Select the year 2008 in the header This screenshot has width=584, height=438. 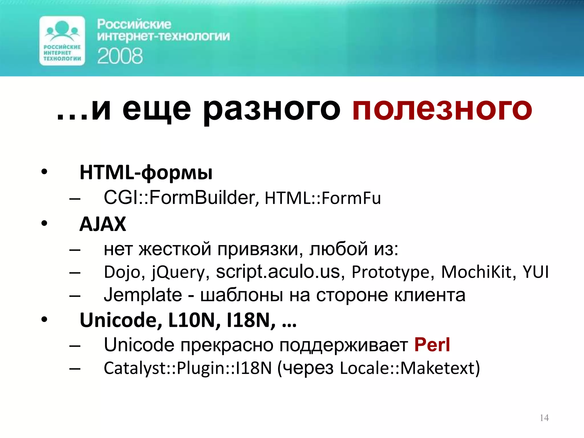(120, 56)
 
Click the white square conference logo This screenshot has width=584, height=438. (62, 41)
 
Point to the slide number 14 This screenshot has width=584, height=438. (544, 418)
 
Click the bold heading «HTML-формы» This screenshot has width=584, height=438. (146, 173)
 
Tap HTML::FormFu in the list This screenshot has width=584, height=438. (323, 198)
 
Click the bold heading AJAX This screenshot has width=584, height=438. (103, 224)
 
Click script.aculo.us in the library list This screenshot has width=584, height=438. (278, 272)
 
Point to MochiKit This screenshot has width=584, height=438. (478, 272)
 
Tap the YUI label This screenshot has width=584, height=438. (535, 272)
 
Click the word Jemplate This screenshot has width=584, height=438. (143, 295)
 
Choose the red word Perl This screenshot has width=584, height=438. (432, 345)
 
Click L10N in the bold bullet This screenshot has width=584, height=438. (194, 320)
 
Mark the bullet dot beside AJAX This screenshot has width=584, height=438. (44, 223)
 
